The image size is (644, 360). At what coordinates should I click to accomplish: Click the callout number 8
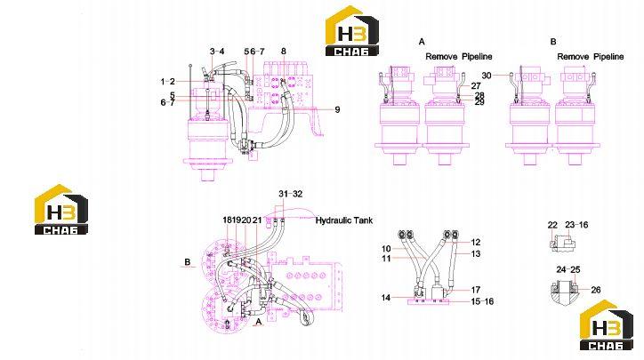[284, 52]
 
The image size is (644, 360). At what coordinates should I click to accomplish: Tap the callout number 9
[337, 109]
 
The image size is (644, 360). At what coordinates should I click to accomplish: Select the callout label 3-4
[217, 52]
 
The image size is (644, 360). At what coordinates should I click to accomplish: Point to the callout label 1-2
[167, 82]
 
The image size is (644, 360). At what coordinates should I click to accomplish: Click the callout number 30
[487, 76]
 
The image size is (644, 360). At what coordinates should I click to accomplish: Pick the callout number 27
[476, 86]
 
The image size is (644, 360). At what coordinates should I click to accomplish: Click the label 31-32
[290, 194]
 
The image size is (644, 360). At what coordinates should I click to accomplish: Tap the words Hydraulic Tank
[343, 220]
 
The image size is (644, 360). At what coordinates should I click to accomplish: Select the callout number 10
[386, 249]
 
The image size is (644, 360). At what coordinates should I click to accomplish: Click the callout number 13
[476, 253]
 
